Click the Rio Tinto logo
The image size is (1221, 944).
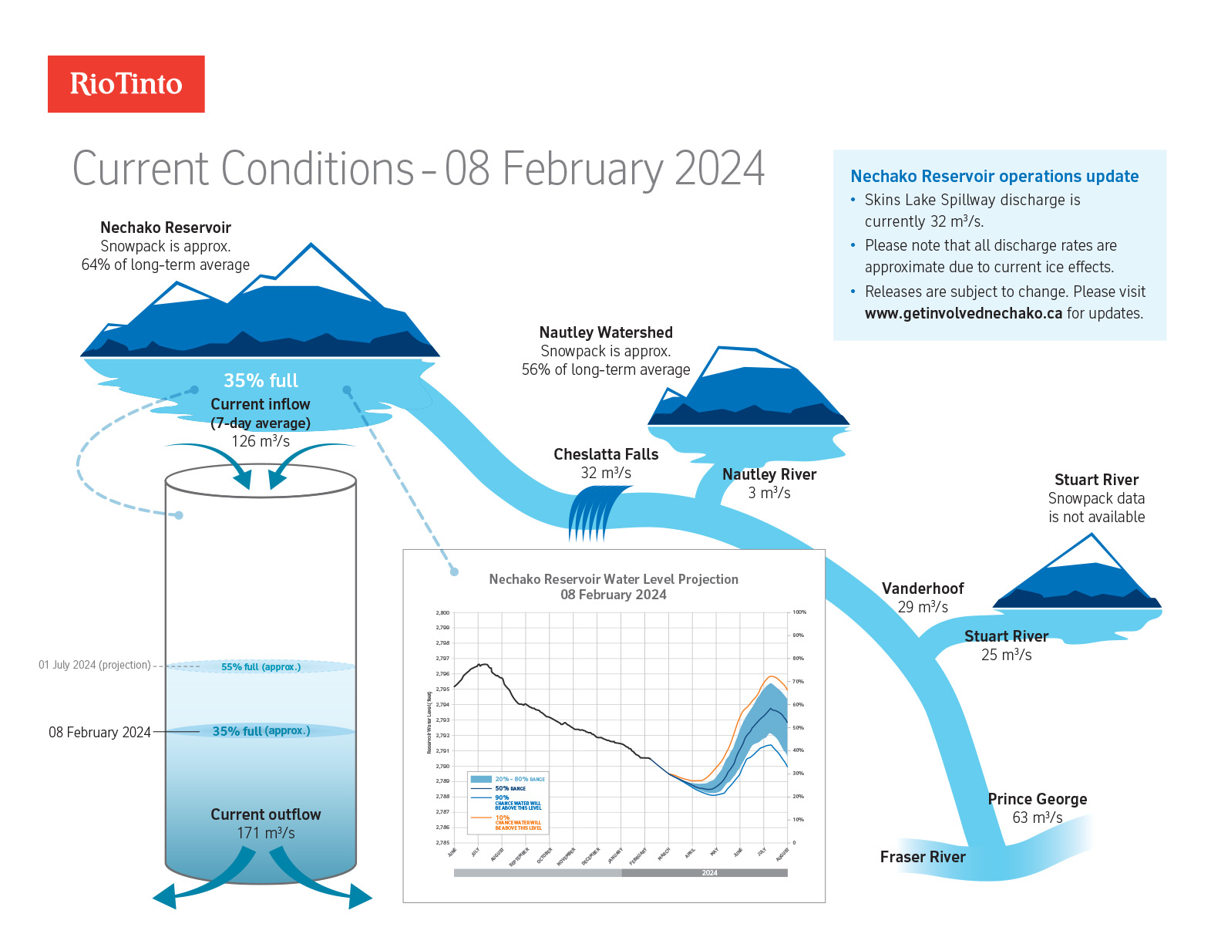coord(126,84)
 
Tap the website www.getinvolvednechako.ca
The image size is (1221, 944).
coord(963,313)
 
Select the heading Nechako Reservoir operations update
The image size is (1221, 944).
coord(994,177)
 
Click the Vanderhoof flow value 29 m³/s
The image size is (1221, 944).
coord(923,607)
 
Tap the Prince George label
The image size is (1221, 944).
coord(1037,799)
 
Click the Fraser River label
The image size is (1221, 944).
coord(922,857)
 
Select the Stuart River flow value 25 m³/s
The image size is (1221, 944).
coord(1006,655)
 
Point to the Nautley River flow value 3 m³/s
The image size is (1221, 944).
coord(769,493)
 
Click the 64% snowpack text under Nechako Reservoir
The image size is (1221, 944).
coord(166,265)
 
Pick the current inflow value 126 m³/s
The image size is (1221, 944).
coord(261,441)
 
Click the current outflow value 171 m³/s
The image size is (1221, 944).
coord(265,833)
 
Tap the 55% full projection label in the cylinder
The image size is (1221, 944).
coord(261,666)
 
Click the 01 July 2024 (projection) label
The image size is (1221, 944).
coord(95,665)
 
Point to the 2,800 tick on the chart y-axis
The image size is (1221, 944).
coord(442,612)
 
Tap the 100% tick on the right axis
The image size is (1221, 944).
coord(799,612)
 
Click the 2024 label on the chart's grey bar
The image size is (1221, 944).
coord(709,873)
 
